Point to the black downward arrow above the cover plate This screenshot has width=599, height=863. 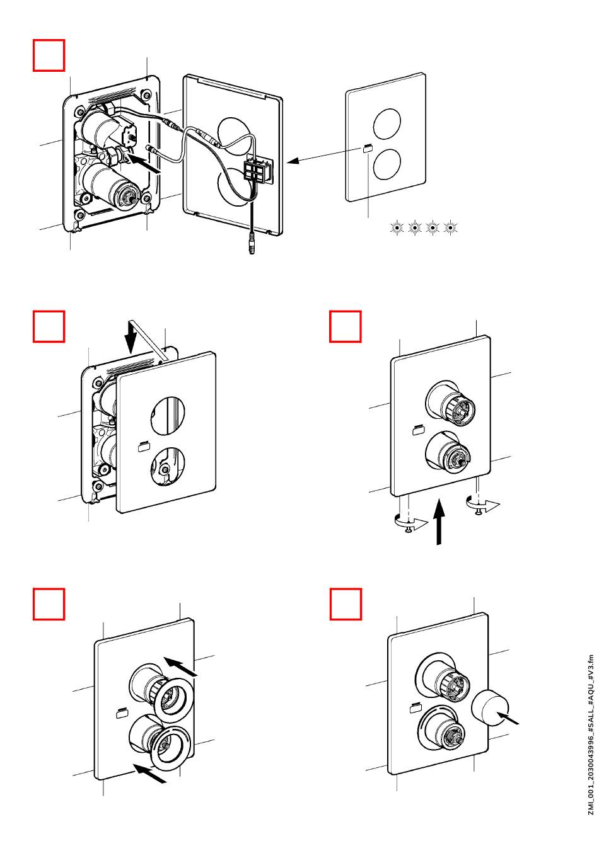point(131,336)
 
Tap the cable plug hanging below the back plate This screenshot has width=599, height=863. point(252,245)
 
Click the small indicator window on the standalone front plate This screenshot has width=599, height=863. point(368,149)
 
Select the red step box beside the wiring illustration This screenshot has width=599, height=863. point(49,55)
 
